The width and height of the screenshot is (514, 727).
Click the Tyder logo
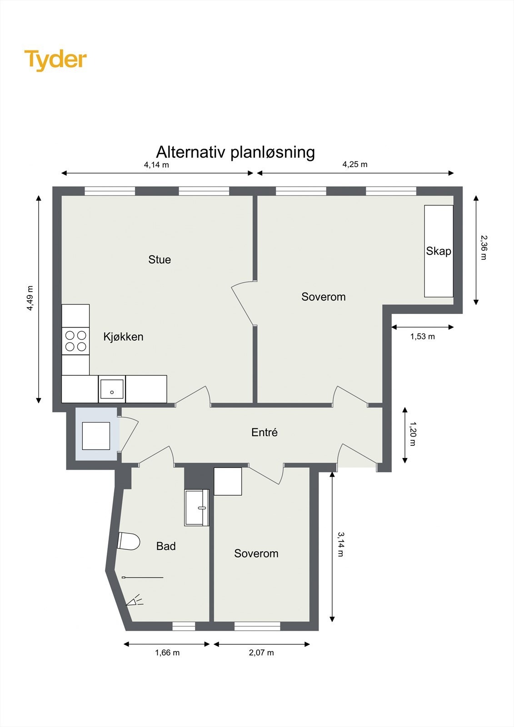(x=55, y=60)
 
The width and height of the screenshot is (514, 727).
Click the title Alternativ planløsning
(x=235, y=152)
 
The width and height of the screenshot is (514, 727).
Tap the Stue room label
(x=160, y=259)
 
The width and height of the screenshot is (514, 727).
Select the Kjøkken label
(x=123, y=337)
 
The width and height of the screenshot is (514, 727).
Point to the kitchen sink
(x=112, y=389)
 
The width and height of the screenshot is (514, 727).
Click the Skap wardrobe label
(x=438, y=251)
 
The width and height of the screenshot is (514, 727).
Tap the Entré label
(x=264, y=432)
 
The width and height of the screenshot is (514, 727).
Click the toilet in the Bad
(x=128, y=541)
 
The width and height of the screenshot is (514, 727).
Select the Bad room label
(x=166, y=546)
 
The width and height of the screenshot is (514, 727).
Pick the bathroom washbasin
(x=197, y=508)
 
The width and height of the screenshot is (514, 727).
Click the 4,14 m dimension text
(x=156, y=165)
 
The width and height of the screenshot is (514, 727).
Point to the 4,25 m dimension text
(x=355, y=164)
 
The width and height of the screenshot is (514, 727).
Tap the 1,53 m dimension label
(x=422, y=337)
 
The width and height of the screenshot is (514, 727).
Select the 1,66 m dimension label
(x=167, y=653)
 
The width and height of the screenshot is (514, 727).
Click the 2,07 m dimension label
(x=261, y=653)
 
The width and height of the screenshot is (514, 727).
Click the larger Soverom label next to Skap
(x=323, y=297)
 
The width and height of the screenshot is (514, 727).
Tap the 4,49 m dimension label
(x=30, y=298)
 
